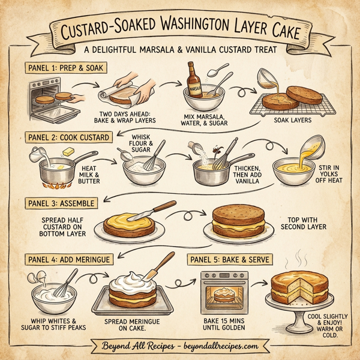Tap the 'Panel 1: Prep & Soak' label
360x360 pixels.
pos(66,67)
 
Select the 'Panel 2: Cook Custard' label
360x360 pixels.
pos(69,137)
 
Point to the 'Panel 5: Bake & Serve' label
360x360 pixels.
pos(230,259)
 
